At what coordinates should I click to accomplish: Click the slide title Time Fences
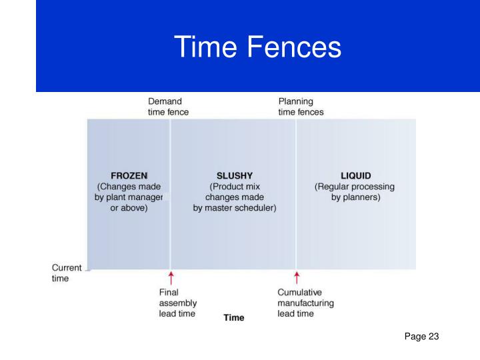257,47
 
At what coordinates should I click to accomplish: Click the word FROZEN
129,176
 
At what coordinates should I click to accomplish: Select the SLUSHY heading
234,176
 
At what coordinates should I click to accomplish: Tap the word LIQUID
355,176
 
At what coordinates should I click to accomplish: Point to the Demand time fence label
168,107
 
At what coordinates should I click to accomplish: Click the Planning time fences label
301,107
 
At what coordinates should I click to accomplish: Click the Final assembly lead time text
177,303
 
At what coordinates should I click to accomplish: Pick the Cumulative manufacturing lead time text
305,303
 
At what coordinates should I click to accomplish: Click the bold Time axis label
233,318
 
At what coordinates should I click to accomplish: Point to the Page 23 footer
421,337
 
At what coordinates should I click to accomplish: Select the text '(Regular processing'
355,187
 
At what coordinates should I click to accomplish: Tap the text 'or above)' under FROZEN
129,208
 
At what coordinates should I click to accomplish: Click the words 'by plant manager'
129,197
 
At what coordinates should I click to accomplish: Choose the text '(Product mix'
234,187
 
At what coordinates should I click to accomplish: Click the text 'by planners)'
356,197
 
